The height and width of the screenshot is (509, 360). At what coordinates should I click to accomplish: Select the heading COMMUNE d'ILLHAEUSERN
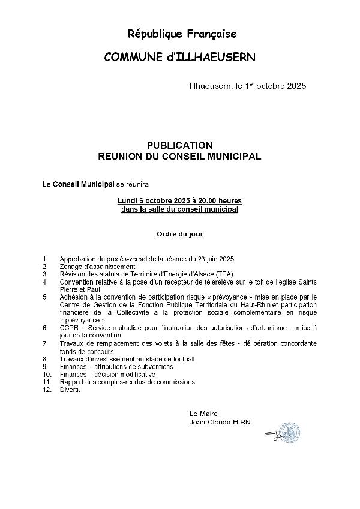179,57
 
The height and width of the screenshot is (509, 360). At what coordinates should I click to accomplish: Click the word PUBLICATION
179,145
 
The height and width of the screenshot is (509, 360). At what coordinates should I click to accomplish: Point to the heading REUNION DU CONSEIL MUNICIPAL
179,156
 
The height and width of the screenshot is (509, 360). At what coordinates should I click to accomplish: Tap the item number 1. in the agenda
45,259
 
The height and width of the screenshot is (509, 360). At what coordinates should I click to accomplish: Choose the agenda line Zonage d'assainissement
97,266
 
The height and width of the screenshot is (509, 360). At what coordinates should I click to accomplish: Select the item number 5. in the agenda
45,297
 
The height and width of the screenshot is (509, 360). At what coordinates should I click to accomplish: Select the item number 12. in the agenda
47,390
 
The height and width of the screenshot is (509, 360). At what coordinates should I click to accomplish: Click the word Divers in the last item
69,390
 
